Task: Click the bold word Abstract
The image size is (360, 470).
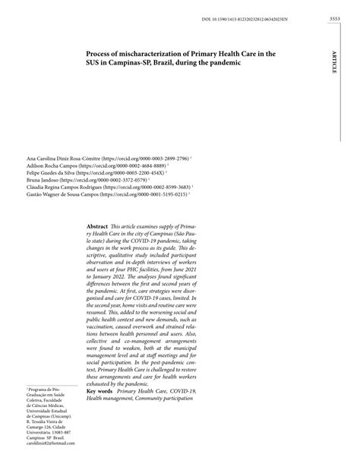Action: [x=97, y=227]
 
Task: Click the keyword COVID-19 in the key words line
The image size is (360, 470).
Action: [x=183, y=391]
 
